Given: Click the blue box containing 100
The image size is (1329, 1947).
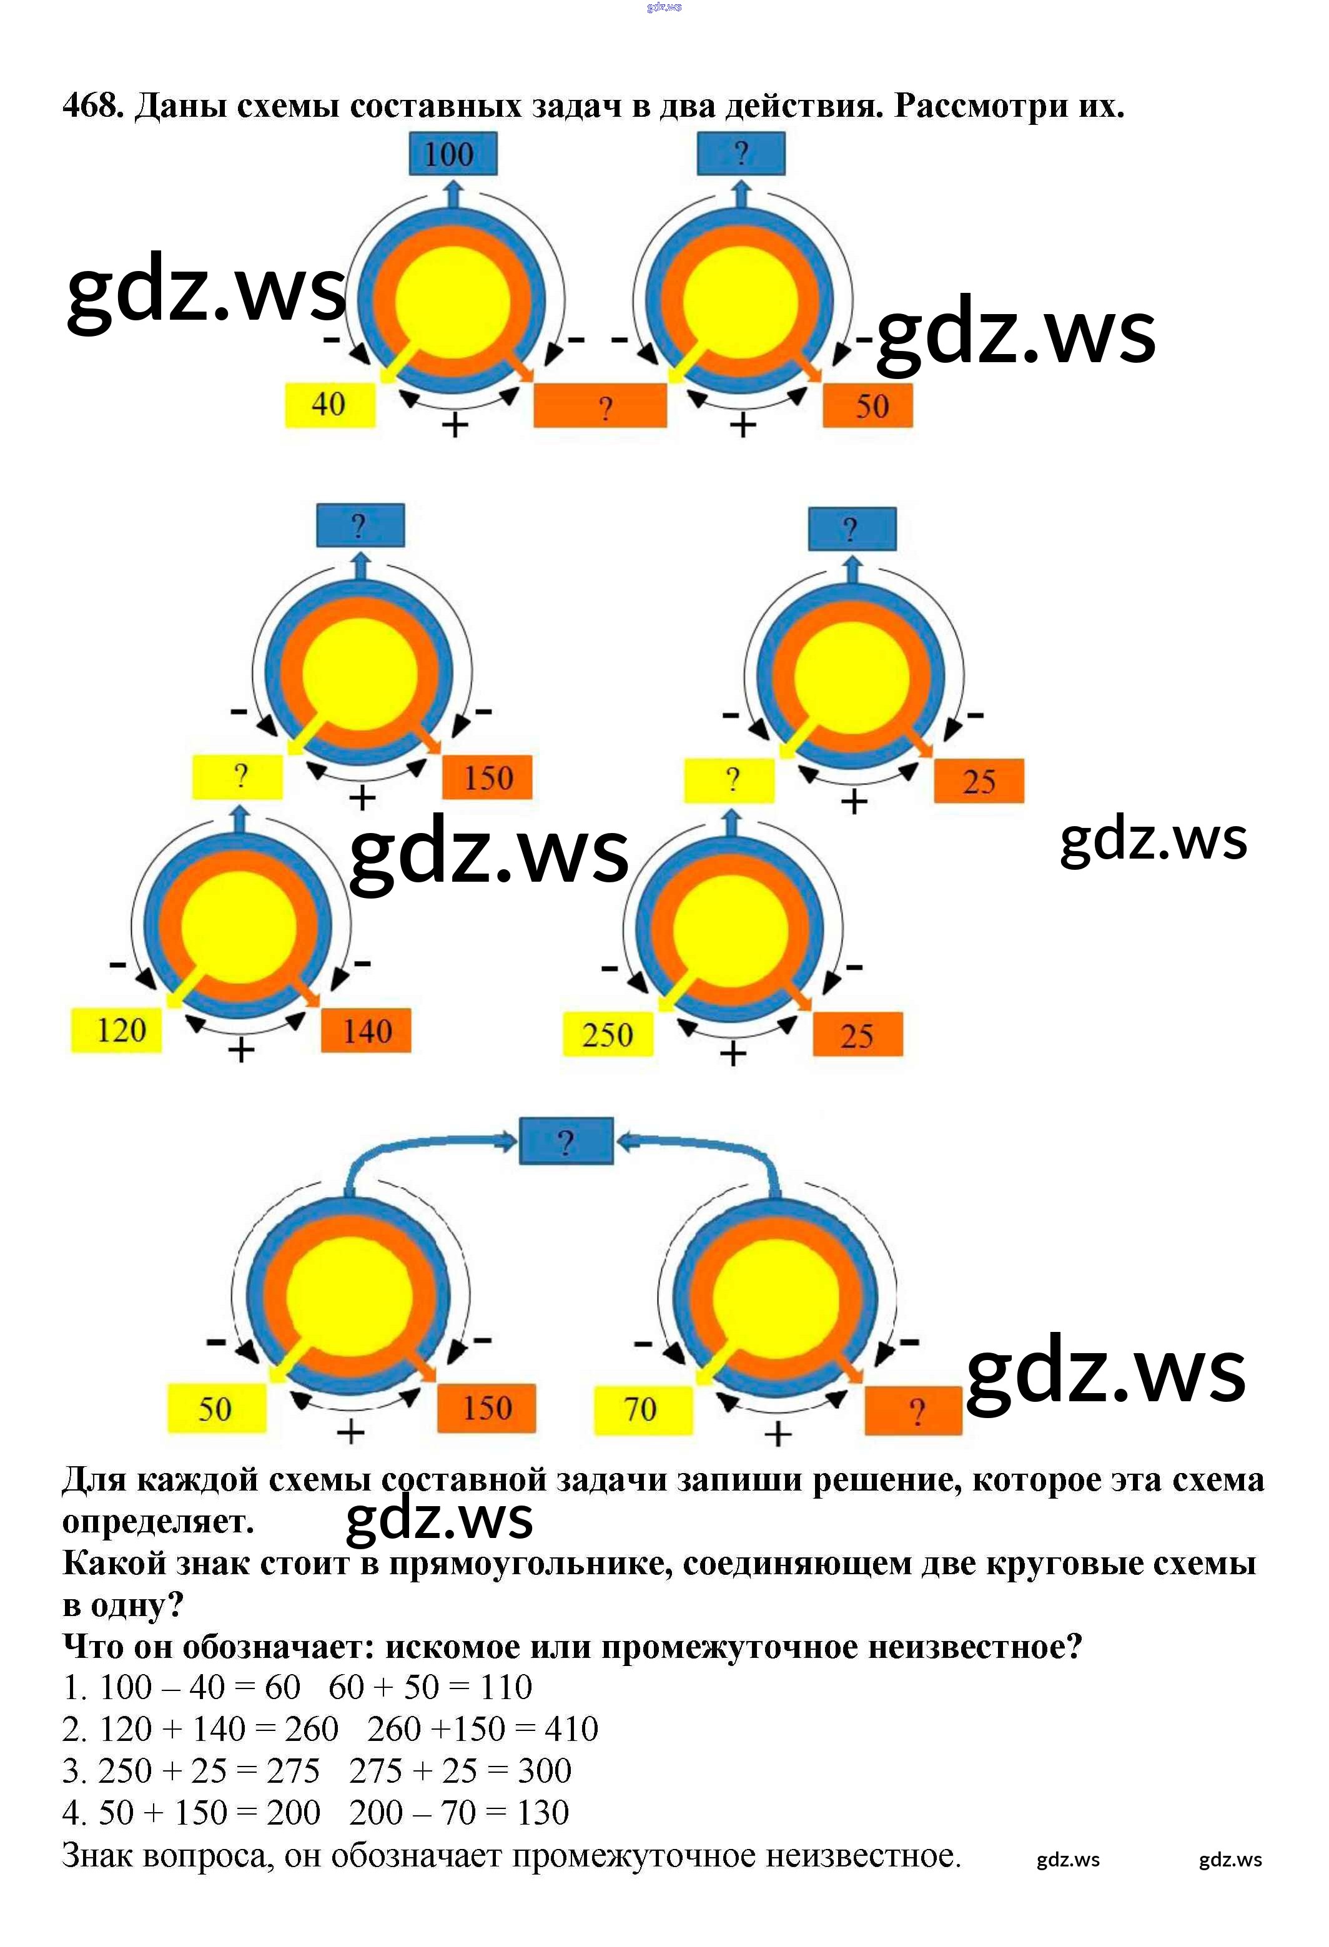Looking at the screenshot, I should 453,154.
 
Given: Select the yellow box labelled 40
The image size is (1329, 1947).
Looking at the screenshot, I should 329,405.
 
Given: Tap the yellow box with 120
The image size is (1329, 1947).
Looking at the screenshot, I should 117,1030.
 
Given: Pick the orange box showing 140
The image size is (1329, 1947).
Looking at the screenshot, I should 366,1030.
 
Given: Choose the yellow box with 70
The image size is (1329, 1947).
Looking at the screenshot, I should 643,1409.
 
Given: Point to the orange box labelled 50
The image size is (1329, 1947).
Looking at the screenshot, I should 867,407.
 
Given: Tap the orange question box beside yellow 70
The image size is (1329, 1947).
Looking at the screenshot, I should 913,1412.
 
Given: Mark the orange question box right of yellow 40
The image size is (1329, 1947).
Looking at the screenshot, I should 600,407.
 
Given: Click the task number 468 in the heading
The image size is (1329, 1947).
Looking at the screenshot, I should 92,106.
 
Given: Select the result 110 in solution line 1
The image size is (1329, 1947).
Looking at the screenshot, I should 505,1687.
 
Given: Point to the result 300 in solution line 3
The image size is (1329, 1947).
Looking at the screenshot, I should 544,1771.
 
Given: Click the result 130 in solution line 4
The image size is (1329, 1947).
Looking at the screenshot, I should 542,1813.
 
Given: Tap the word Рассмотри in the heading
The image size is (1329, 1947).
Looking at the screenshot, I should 978,106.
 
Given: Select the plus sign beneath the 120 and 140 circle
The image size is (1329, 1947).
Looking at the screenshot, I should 241,1050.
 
